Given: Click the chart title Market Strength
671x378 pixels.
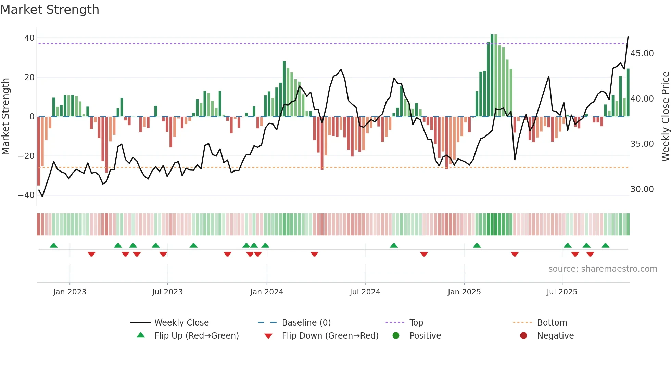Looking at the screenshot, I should point(50,10).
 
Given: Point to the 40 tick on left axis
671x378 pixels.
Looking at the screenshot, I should point(29,38).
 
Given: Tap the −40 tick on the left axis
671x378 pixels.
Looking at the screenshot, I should point(27,195).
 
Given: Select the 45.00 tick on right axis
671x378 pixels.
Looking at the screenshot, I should point(642,54).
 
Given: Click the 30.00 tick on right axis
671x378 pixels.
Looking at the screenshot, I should point(642,189).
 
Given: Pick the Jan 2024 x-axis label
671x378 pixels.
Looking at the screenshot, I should point(267,292).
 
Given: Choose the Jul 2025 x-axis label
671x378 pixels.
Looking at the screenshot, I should point(562,292).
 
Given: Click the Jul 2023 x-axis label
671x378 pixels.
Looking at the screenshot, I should point(167,292).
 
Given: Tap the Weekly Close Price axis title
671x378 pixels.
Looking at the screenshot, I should point(665,117).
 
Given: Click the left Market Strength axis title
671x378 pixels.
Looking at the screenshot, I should point(5,117).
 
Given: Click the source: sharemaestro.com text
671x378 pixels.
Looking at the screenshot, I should point(603,269).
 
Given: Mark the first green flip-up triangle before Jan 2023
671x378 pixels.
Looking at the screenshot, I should point(54,245).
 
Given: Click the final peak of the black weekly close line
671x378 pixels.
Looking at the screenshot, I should point(628,37).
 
